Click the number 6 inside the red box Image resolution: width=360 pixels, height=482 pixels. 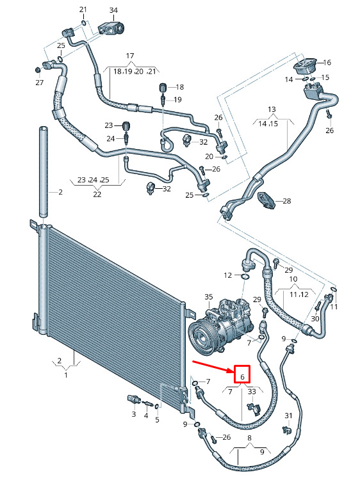pyautogui.click(x=242, y=377)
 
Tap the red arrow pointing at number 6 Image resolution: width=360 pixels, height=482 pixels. pyautogui.click(x=213, y=367)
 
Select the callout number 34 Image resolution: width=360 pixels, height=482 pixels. pyautogui.click(x=113, y=10)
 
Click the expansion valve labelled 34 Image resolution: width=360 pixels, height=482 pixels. pyautogui.click(x=111, y=28)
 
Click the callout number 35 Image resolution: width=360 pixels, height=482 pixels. pyautogui.click(x=209, y=297)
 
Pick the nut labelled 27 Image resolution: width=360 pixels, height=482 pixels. pyautogui.click(x=38, y=70)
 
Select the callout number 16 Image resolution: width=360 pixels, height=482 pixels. pyautogui.click(x=327, y=62)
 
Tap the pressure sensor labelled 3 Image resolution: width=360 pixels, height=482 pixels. pyautogui.click(x=134, y=400)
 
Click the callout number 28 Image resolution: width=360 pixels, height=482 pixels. pyautogui.click(x=287, y=201)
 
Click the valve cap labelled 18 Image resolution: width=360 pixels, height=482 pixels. pyautogui.click(x=163, y=87)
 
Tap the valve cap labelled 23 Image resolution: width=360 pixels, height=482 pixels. pyautogui.click(x=126, y=125)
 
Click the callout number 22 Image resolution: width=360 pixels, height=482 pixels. pyautogui.click(x=97, y=195)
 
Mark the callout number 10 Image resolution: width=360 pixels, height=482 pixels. pyautogui.click(x=293, y=279)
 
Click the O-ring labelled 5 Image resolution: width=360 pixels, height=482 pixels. pyautogui.click(x=157, y=406)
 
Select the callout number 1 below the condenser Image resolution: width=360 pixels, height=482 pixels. pyautogui.click(x=66, y=375)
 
